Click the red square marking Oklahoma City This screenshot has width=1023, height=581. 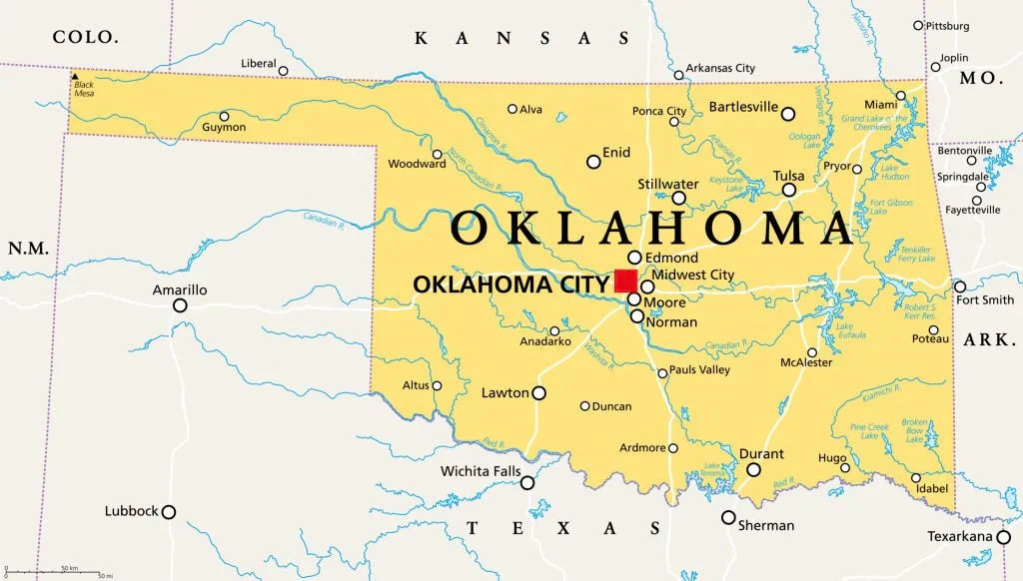[626, 281]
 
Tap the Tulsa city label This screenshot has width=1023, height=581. [788, 176]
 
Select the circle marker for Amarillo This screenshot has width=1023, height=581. [180, 305]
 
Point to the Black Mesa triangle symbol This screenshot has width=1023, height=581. [75, 76]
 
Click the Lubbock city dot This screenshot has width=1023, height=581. [169, 512]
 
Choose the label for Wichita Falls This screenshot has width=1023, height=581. [481, 471]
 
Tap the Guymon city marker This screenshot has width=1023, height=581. [224, 116]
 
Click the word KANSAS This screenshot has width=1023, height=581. [522, 38]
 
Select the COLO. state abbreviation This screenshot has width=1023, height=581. [85, 37]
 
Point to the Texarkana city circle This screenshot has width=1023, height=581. [1002, 536]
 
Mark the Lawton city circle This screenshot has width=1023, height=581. [538, 393]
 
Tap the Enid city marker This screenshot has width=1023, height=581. [593, 161]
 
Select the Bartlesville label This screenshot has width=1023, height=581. [743, 107]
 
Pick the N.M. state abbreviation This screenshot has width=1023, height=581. [28, 247]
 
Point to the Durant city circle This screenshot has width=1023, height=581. [753, 469]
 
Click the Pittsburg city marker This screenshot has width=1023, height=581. [918, 25]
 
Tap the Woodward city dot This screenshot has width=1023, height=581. [437, 155]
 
